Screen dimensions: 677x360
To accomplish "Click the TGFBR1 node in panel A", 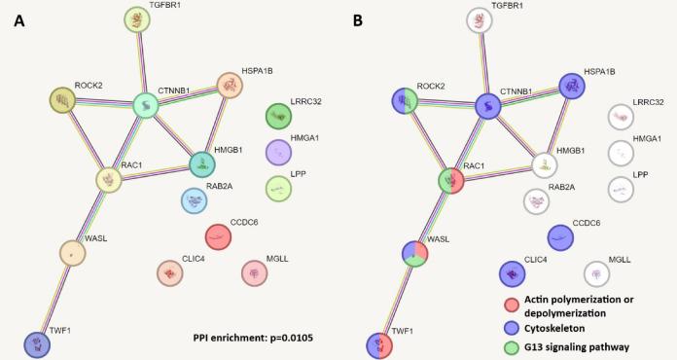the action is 137,18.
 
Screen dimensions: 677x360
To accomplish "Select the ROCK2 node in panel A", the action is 63,99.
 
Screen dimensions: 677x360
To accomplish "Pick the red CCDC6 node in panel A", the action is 219,235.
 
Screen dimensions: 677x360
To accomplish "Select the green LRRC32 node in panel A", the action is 279,116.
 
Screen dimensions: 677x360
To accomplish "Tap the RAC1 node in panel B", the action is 450,180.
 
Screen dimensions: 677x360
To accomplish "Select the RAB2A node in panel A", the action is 195,200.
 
